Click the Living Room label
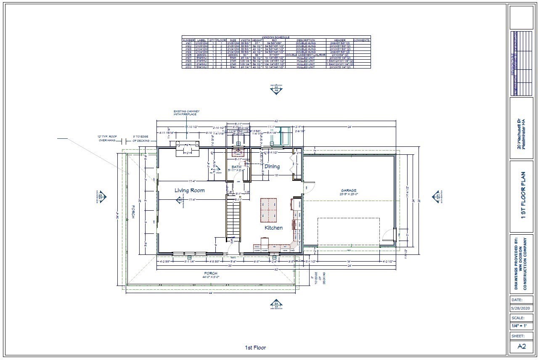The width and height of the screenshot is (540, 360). point(190,191)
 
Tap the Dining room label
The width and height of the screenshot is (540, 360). point(272,167)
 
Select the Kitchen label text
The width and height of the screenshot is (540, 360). point(273,228)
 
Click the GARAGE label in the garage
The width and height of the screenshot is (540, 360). point(349,191)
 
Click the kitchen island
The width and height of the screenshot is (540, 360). point(269,210)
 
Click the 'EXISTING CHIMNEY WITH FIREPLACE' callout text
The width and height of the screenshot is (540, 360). point(185,113)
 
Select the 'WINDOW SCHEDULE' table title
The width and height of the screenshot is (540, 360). point(276,37)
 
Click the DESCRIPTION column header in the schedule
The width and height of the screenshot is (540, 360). point(305,40)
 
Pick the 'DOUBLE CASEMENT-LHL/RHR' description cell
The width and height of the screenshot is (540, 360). point(305,55)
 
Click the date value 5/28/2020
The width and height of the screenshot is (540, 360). point(521,308)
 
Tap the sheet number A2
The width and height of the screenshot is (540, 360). point(521,346)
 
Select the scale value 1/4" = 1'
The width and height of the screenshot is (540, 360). point(521,326)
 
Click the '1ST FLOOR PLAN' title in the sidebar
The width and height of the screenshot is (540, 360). point(523,196)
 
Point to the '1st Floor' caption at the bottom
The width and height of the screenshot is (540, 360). point(255,348)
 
